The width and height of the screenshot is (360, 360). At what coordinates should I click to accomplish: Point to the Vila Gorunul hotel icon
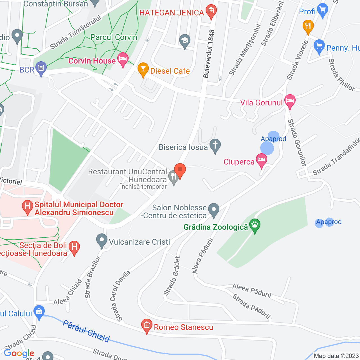coord(290,101)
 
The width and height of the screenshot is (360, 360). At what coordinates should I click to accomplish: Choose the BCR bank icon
coord(41,68)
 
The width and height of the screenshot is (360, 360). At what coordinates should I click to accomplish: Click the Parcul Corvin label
coord(114,37)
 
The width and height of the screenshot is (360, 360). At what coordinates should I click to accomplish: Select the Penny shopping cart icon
coord(319,46)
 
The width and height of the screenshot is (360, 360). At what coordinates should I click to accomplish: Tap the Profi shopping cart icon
coord(322,10)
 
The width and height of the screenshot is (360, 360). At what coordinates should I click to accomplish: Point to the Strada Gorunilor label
coord(297,142)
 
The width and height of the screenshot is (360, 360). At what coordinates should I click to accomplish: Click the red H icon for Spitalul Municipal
coord(28,207)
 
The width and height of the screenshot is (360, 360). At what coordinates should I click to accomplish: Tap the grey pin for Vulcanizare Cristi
coord(102,240)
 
